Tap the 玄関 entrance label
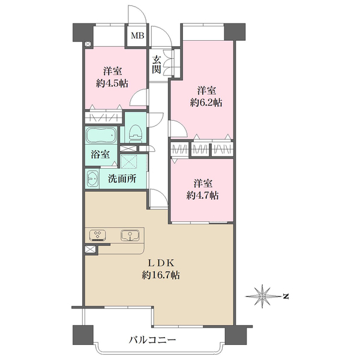point(156,64)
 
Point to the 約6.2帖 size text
point(206,103)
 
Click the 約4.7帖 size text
point(202,196)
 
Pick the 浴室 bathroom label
point(100,154)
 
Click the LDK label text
point(161,263)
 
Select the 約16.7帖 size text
point(161,276)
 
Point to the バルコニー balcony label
point(152,340)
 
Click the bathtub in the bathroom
point(102,135)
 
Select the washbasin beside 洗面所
point(93,179)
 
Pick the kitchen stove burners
point(97,235)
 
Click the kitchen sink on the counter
point(128,235)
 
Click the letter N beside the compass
point(286,296)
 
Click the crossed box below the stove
point(90,249)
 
